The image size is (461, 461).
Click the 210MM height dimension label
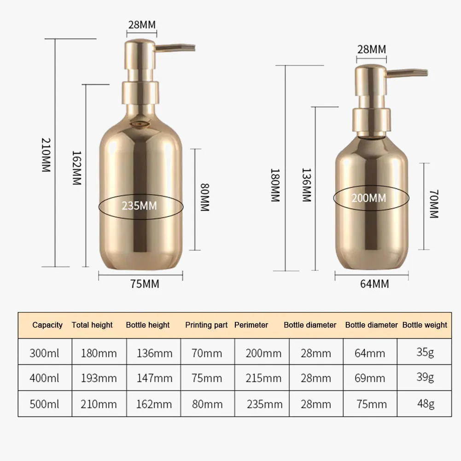46,155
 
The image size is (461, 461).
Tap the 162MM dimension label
77,168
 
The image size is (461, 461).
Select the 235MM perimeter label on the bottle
140,206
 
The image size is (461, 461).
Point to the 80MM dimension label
204,197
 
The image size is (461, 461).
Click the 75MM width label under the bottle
145,284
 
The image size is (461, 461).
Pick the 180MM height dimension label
275,185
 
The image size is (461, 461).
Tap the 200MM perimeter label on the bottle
369,198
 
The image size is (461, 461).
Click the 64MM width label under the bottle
374,284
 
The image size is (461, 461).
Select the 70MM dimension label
434,204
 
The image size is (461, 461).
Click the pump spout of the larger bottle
175,47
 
